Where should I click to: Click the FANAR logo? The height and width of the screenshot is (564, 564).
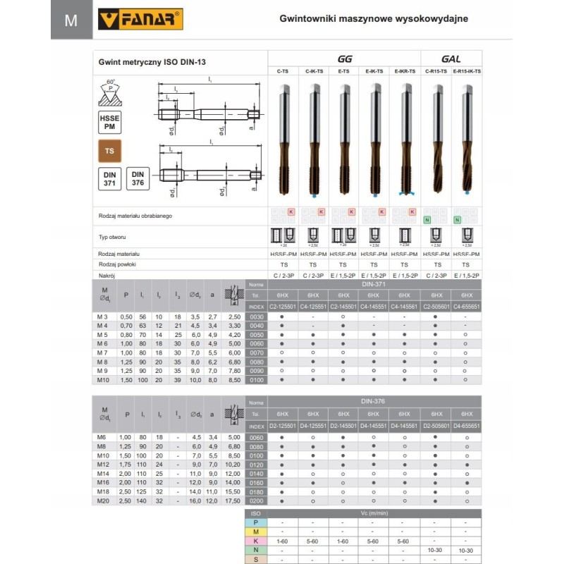click(x=144, y=19)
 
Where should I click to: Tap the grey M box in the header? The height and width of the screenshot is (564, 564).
click(x=71, y=20)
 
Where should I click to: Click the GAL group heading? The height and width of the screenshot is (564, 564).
click(x=451, y=59)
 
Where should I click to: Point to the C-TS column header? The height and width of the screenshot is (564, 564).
click(x=283, y=71)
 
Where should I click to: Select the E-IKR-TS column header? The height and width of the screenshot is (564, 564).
click(x=405, y=71)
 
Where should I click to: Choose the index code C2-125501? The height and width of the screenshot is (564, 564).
click(x=283, y=307)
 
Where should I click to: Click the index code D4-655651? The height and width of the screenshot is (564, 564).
click(x=467, y=427)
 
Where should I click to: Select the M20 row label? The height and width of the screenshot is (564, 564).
click(x=105, y=501)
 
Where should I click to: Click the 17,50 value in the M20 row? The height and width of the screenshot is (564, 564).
click(x=233, y=501)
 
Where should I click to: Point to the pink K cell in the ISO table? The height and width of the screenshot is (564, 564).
click(x=257, y=540)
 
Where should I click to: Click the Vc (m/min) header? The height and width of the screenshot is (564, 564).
click(x=374, y=513)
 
